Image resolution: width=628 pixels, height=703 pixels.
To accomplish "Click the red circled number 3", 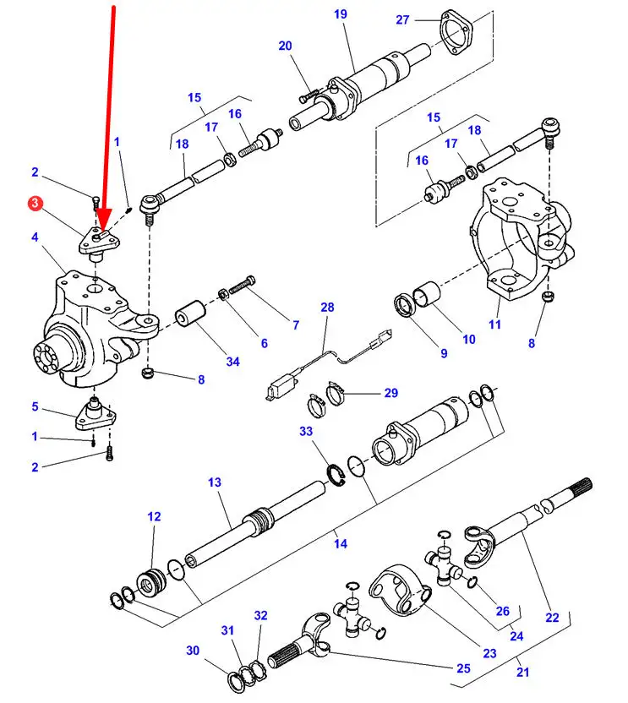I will pyautogui.click(x=35, y=204).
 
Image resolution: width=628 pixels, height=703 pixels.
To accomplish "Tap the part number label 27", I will pyautogui.click(x=402, y=19).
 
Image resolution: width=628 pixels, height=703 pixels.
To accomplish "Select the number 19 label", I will pyautogui.click(x=340, y=14).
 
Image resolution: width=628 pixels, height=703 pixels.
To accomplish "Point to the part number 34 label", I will pyautogui.click(x=232, y=362).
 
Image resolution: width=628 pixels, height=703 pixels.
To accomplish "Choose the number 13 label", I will pyautogui.click(x=215, y=482).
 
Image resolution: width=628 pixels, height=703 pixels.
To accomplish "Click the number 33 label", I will pyautogui.click(x=306, y=431).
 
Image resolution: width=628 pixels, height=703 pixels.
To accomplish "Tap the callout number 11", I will pyautogui.click(x=494, y=324).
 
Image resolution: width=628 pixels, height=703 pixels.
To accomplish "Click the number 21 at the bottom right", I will pyautogui.click(x=523, y=673).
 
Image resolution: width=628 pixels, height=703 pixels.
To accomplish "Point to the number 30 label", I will pyautogui.click(x=194, y=651).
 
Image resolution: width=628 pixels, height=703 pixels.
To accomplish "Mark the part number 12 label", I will pyautogui.click(x=153, y=516).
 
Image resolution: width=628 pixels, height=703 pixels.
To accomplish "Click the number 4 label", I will pyautogui.click(x=35, y=238).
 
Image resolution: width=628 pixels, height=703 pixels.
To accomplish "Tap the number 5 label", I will pyautogui.click(x=35, y=406).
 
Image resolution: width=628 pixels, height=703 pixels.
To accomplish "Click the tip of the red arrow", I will pyautogui.click(x=101, y=231).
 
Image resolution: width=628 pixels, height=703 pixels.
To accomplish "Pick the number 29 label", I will pyautogui.click(x=391, y=393).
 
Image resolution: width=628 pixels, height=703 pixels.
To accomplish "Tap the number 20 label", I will pyautogui.click(x=285, y=46).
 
